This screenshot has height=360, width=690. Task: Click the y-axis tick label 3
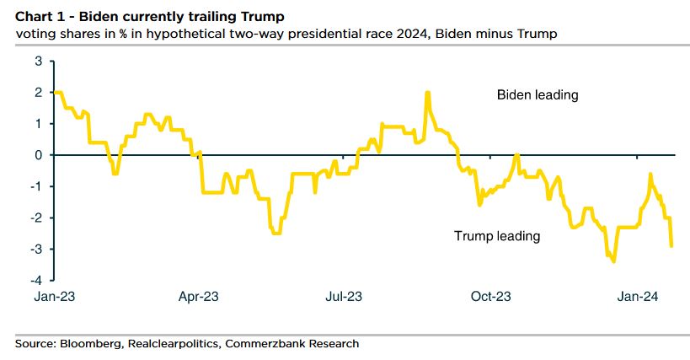[x=38, y=61]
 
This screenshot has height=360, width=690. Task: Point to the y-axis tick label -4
[x=36, y=280]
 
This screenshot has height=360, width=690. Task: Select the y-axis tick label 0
[x=38, y=155]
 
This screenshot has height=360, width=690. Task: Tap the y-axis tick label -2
[x=36, y=218]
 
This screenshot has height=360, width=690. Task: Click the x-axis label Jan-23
[x=53, y=297]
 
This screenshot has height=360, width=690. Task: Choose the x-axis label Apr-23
[x=200, y=297]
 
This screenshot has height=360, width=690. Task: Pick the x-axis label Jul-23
[x=344, y=297]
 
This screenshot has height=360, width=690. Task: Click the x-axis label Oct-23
[x=490, y=297]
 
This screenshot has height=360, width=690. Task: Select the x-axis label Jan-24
[x=638, y=297]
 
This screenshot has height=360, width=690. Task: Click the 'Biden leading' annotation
[x=537, y=95]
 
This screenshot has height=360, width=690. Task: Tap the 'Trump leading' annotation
[x=496, y=236]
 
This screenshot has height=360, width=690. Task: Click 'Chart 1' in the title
[x=36, y=16]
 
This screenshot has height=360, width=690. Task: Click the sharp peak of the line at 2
[x=428, y=93]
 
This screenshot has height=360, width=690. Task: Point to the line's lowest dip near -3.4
[x=613, y=261]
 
